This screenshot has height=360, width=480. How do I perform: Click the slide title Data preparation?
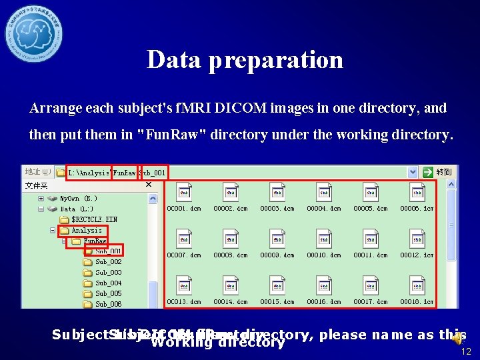[x=245, y=60]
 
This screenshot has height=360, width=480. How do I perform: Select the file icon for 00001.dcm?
[x=184, y=193]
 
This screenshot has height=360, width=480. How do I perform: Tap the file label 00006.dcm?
[x=417, y=208]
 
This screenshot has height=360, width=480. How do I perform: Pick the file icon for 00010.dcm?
[x=324, y=239]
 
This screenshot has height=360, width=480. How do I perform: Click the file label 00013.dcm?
[x=184, y=301]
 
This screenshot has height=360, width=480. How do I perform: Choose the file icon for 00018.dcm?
[x=417, y=285]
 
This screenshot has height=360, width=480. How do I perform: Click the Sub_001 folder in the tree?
[x=107, y=251]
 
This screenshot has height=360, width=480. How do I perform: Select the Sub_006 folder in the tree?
[x=107, y=304]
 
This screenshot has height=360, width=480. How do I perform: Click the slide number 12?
[x=466, y=351]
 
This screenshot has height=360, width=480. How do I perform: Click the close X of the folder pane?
[x=149, y=185]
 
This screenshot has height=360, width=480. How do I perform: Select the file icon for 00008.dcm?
[x=231, y=239]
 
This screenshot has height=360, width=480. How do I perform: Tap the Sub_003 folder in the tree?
[x=107, y=273]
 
